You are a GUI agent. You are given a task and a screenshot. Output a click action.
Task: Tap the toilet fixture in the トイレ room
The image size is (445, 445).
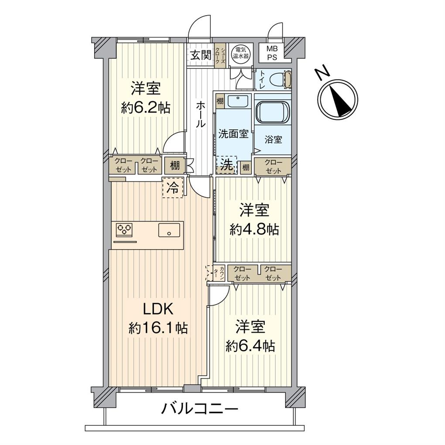point(279,79)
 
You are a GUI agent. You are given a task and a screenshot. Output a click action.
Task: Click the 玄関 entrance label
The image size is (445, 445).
point(201,55)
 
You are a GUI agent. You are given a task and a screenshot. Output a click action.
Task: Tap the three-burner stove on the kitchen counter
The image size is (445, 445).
point(124,229)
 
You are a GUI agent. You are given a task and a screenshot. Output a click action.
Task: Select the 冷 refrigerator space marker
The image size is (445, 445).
point(173,188)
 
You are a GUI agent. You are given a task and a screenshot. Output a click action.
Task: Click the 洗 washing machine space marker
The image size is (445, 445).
point(226,165)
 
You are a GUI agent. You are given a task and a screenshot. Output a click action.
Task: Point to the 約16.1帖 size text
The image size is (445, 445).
point(158,328)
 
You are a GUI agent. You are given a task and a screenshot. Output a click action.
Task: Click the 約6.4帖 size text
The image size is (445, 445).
point(250,346)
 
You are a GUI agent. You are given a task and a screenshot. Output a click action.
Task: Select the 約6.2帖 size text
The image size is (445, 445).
point(146,108)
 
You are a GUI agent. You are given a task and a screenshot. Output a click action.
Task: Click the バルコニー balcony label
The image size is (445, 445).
point(200,409)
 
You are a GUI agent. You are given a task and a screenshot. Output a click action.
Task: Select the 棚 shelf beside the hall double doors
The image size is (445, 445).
point(175,165)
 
